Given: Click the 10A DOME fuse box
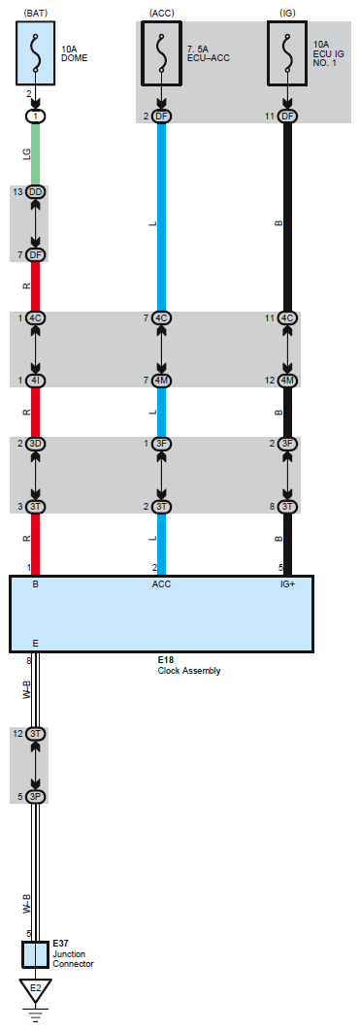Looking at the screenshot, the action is pos(36,52).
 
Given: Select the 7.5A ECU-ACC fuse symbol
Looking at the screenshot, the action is pos(162,52).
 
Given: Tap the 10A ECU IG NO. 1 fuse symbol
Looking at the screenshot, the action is pos(287,52).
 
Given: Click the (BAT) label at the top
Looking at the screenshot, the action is pos(36,13).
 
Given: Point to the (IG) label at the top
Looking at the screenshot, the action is pos(287,13).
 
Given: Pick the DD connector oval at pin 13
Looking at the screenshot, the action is pos(36,191).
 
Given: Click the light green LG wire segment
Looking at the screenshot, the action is pos(36,153).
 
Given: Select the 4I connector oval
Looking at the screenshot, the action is pos(36,381).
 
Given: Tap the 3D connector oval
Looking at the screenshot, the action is pos(36,444).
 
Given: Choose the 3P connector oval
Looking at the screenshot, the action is pos(36,796).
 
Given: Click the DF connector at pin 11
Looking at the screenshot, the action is pos(287,116).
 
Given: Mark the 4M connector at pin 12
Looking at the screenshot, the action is pos(287,381).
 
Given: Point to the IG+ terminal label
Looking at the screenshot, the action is pos(287,583).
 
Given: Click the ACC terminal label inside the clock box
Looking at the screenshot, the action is pos(162,583).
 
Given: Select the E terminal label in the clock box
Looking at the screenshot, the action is pos(36,643).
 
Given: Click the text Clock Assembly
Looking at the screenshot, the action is pos(189,671).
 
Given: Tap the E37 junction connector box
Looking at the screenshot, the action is pos(36,954).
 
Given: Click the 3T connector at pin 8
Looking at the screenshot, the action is pos(287,507).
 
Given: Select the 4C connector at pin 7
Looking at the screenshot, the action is pos(162,317).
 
